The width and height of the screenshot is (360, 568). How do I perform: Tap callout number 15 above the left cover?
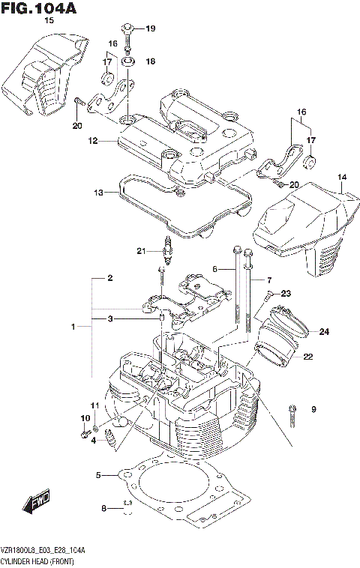[49, 20]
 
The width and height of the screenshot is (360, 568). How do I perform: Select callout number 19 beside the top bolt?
[150, 29]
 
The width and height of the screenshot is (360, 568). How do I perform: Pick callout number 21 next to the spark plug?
[140, 250]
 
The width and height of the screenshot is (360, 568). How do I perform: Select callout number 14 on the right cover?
[342, 178]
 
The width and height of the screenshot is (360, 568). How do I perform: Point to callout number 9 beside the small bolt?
[313, 408]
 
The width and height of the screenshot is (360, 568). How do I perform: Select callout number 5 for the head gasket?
[98, 474]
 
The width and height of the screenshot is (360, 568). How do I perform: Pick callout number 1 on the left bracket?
[73, 327]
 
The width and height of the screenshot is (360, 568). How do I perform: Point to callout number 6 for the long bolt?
[214, 269]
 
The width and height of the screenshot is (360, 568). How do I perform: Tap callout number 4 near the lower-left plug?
[93, 441]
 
